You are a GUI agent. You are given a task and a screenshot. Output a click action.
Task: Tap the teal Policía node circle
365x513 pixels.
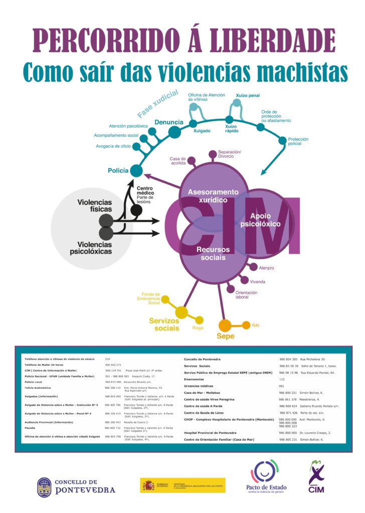click(136, 171)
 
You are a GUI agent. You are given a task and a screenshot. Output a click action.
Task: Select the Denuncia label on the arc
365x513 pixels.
click(168, 122)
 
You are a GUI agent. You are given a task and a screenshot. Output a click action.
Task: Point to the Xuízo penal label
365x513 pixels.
click(248, 95)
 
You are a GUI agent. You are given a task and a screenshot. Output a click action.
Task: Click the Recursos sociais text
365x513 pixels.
click(213, 253)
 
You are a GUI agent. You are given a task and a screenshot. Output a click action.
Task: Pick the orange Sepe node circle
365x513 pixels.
click(225, 326)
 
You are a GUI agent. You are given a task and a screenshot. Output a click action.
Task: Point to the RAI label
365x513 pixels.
click(256, 325)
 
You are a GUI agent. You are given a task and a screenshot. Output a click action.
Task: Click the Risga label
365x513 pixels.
click(198, 328)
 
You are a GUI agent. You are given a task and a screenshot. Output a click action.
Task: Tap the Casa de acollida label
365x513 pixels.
click(178, 161)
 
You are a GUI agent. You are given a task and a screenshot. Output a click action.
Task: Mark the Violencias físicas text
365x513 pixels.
click(94, 206)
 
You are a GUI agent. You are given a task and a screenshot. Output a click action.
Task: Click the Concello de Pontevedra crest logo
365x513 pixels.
click(44, 486)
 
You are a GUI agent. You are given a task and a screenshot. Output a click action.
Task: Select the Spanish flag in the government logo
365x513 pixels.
click(149, 485)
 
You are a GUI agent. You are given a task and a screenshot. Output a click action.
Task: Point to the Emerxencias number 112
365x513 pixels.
click(282, 379)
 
